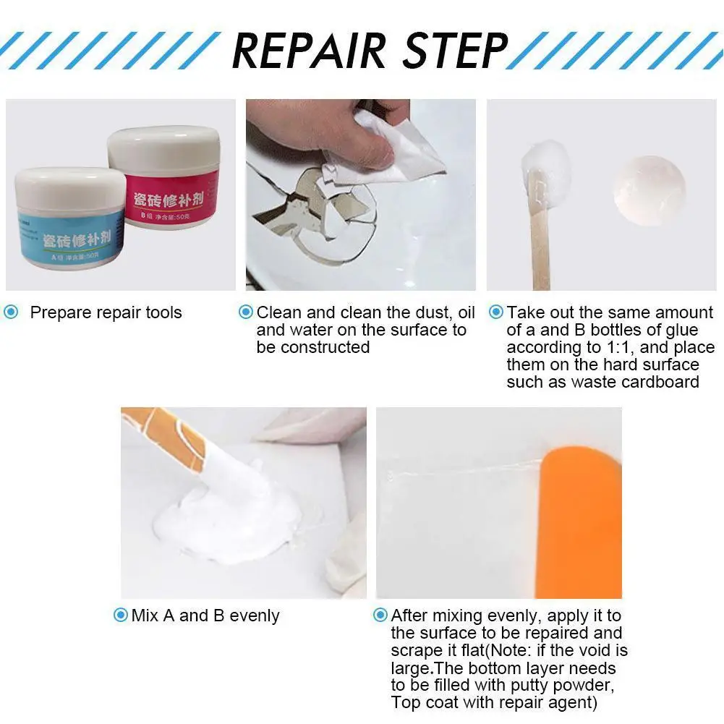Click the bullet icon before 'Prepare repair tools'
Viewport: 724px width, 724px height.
(x=11, y=313)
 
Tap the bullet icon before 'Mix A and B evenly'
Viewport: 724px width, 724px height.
(x=121, y=616)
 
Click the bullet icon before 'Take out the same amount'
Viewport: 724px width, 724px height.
(x=496, y=313)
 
